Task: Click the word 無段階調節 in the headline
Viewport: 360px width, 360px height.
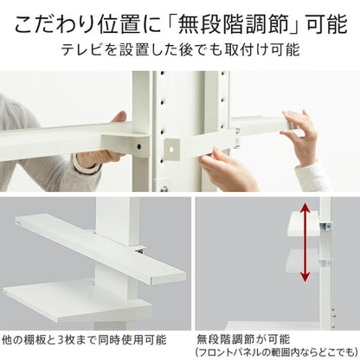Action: point(235,24)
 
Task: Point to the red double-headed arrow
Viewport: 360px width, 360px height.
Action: point(305,241)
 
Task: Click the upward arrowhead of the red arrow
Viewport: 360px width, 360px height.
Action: point(305,207)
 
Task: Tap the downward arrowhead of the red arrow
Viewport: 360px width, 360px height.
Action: point(305,277)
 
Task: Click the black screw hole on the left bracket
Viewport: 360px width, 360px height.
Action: point(139,146)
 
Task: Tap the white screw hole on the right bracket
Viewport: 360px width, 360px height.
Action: point(170,150)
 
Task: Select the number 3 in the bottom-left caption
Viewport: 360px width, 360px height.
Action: point(60,339)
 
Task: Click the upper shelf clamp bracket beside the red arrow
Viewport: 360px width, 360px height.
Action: point(325,227)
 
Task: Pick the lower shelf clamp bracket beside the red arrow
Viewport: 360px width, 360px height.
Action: point(325,262)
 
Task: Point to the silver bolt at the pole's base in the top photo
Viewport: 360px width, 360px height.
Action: point(164,189)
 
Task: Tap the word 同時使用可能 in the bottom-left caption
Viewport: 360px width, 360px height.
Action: point(132,339)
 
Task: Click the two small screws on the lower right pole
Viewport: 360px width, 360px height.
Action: point(334,313)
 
